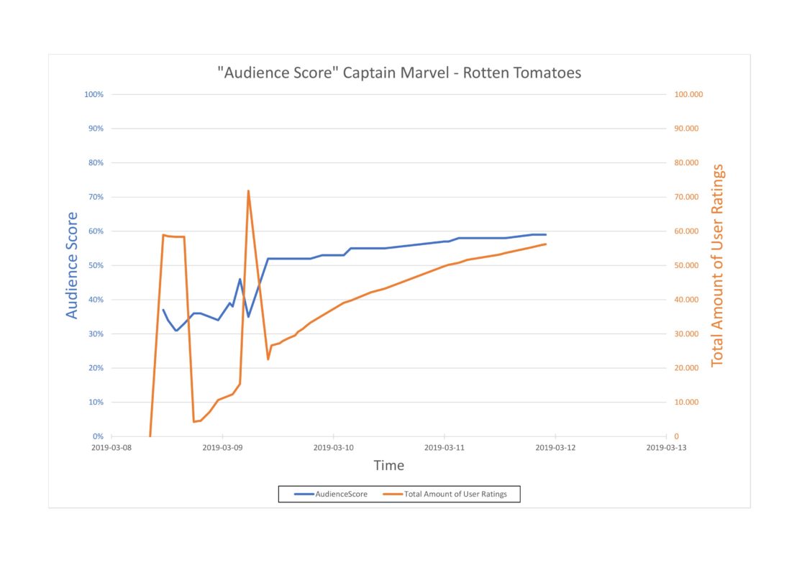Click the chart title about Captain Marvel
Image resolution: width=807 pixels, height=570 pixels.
click(x=398, y=73)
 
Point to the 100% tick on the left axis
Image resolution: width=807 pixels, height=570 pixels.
click(x=95, y=94)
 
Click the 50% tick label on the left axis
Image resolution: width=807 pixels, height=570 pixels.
click(x=96, y=265)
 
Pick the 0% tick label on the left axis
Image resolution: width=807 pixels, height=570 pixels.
click(x=98, y=436)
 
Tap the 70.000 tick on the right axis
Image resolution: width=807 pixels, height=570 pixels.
click(x=687, y=197)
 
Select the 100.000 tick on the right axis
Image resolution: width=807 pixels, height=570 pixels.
click(x=688, y=94)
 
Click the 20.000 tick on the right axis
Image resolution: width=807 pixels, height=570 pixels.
click(x=687, y=368)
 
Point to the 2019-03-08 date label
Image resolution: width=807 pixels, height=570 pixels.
click(x=111, y=447)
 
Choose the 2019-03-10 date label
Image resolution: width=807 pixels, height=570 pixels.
click(x=334, y=447)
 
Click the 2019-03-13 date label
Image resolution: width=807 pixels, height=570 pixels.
click(x=667, y=447)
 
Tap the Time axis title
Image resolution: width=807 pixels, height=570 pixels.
click(x=388, y=466)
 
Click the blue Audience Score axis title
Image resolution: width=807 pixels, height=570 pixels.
click(x=72, y=265)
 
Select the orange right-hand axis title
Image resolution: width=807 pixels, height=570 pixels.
click(x=717, y=265)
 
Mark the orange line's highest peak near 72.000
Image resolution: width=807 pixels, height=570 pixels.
click(x=248, y=190)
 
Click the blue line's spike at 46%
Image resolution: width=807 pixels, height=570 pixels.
click(x=240, y=279)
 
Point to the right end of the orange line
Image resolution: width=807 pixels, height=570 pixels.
click(x=546, y=244)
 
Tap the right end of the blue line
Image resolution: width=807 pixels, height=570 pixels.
click(x=546, y=234)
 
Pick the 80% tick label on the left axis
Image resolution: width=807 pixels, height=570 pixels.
click(x=96, y=162)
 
